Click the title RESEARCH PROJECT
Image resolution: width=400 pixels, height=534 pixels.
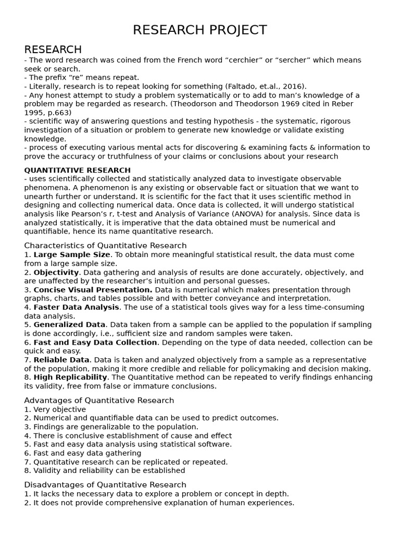(x=200, y=30)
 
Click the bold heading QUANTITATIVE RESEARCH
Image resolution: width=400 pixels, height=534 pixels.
(x=78, y=170)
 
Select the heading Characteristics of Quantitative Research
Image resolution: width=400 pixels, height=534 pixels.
(x=105, y=246)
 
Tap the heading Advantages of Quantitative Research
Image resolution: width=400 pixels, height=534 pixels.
(x=99, y=400)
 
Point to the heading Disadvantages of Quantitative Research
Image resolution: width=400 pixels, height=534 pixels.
(x=105, y=485)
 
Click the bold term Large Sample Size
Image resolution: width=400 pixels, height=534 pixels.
(x=72, y=254)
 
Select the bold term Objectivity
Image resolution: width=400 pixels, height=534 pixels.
(x=56, y=272)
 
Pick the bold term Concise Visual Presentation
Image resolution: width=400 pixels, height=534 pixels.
(x=93, y=290)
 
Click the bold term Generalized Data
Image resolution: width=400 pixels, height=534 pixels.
(x=69, y=325)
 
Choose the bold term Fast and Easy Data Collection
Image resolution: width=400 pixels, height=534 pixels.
(x=95, y=343)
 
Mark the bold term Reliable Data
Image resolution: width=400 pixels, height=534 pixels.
(x=61, y=360)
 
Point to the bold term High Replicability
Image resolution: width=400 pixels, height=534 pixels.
(x=70, y=378)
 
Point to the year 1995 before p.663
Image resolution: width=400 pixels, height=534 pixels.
(x=34, y=113)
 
